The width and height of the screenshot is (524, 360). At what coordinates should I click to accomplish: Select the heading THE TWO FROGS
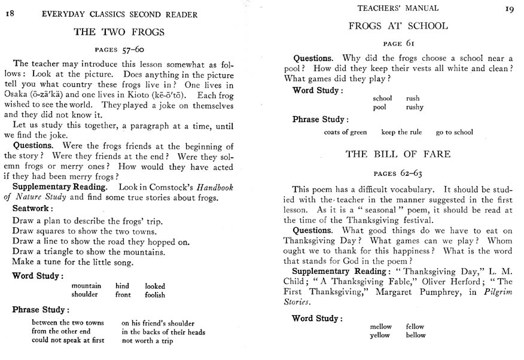(118, 32)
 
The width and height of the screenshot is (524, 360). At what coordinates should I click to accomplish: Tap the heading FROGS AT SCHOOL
(398, 26)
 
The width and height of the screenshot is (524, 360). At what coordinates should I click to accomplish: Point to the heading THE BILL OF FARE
(398, 154)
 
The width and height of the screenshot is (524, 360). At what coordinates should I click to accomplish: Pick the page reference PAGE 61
(398, 43)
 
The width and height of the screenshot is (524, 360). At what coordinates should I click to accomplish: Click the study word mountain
(86, 286)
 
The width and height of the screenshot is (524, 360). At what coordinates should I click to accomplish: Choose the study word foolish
(155, 295)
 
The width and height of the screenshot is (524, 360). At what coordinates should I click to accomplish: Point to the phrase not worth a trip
(147, 341)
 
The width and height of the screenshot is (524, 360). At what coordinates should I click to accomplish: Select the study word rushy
(414, 107)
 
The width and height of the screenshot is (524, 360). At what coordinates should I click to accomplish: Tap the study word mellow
(380, 327)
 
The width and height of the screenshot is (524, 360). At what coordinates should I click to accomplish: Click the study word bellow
(416, 335)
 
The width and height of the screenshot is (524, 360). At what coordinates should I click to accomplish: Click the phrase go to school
(454, 132)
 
